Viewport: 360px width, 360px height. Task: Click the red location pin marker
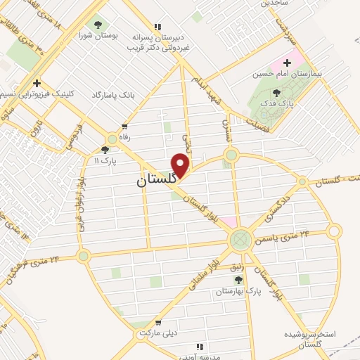tap(181, 165)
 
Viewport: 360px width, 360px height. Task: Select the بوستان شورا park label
tap(96, 35)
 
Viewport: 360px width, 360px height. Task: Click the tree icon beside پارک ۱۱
tap(105, 150)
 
